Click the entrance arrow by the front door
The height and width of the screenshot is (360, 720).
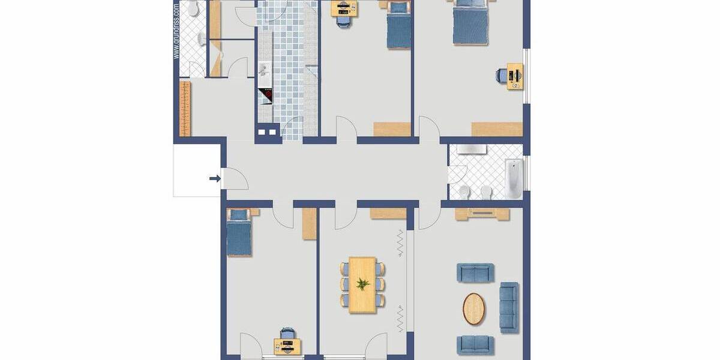click(214, 178)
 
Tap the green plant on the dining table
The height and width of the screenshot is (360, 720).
click(362, 284)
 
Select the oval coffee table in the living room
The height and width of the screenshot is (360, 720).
click(474, 309)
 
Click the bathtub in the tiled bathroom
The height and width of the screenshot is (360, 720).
click(514, 178)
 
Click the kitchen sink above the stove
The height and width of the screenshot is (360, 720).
click(265, 70)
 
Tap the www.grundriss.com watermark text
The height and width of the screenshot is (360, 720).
click(176, 31)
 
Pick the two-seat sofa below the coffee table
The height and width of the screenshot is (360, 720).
click(476, 345)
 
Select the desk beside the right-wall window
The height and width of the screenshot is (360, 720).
click(515, 76)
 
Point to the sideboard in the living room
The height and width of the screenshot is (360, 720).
click(482, 214)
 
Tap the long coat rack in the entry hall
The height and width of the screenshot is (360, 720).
click(185, 109)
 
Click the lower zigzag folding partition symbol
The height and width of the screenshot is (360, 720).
click(400, 318)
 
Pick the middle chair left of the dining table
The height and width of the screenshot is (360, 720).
click(344, 284)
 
